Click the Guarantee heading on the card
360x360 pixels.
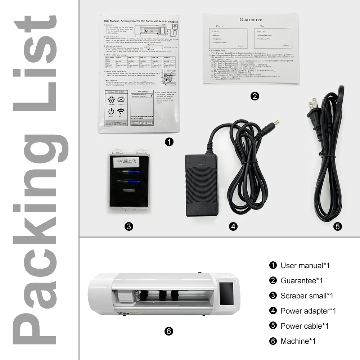coord(251,20)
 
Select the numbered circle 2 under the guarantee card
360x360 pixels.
coord(255,96)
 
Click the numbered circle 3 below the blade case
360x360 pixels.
coord(129,226)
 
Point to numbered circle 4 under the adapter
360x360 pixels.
coord(233,226)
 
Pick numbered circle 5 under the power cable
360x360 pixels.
coord(337,226)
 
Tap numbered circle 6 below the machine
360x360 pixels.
coord(169,331)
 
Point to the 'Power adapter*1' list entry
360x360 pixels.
coord(308,311)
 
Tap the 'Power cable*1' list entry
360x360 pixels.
coord(305,326)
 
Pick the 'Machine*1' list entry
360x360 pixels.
coord(298,341)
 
